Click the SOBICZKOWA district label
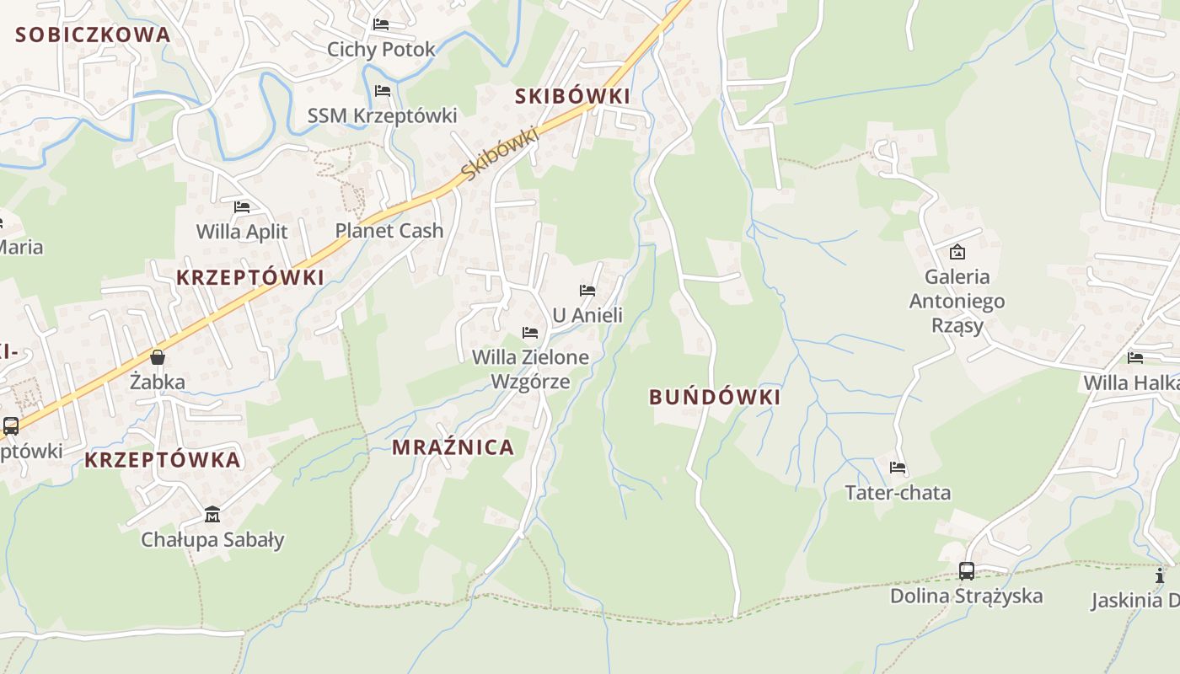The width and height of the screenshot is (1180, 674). (93, 35)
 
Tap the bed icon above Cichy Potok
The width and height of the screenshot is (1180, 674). (381, 24)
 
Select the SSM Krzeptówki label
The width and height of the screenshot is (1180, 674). (382, 115)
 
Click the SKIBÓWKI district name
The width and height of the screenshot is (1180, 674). (572, 96)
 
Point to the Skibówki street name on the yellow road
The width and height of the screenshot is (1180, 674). (500, 152)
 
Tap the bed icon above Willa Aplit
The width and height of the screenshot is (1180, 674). (242, 206)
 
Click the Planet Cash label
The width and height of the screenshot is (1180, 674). (389, 230)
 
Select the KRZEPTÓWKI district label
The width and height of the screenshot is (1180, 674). (249, 277)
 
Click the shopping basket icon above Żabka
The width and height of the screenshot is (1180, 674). (158, 357)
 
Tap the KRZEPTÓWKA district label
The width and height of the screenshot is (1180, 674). (163, 460)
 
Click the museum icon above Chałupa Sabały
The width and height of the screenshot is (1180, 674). (212, 514)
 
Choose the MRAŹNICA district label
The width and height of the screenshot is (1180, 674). (453, 447)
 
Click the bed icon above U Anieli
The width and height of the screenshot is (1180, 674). (587, 291)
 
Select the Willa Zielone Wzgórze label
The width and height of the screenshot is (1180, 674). (530, 369)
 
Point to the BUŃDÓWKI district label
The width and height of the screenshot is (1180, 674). (715, 397)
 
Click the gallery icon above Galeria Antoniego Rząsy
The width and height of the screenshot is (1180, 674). (957, 251)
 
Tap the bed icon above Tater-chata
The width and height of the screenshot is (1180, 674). (898, 467)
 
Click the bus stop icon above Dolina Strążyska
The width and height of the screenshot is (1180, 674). (967, 571)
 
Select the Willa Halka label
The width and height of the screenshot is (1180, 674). (1129, 382)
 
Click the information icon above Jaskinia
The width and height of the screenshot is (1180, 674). (1160, 575)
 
